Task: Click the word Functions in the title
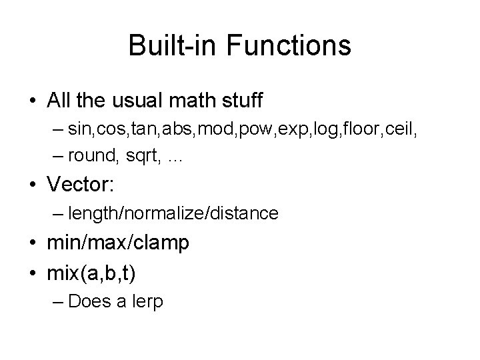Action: (x=289, y=46)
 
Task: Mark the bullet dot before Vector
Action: (x=33, y=183)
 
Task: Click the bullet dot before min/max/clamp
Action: (x=33, y=243)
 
